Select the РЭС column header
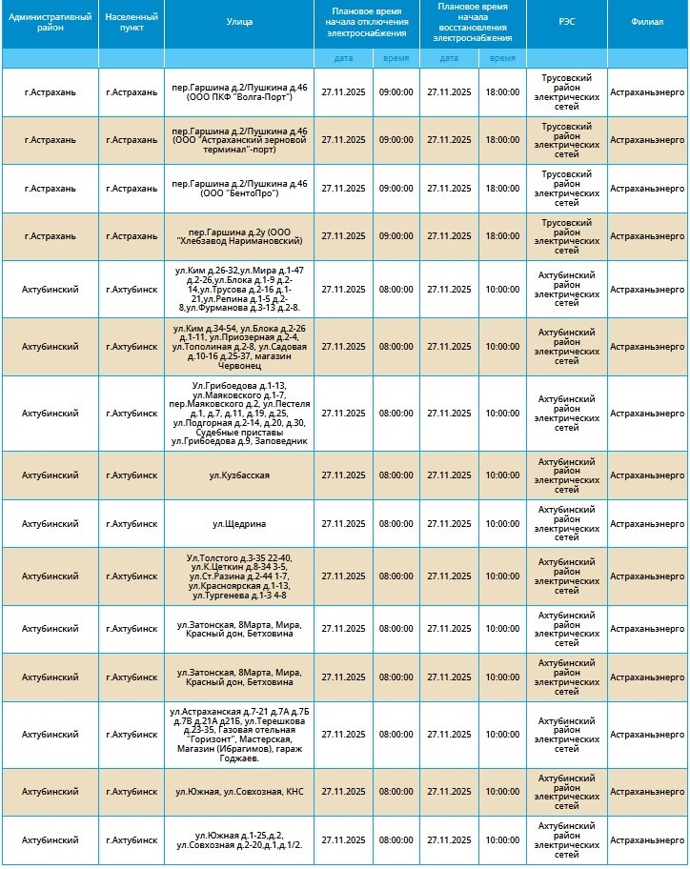tap(566, 24)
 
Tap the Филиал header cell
tap(647, 24)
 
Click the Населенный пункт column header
tap(132, 24)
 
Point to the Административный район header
tap(50, 24)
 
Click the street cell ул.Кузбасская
tap(239, 475)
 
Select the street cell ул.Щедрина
tap(239, 523)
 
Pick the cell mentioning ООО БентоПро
tap(239, 188)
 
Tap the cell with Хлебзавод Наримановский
tap(239, 236)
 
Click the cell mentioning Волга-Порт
tap(239, 91)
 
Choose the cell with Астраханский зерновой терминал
tap(239, 140)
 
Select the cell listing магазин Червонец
tap(239, 347)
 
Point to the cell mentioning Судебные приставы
tap(239, 414)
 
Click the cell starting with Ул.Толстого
tap(239, 576)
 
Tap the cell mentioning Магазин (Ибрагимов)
tap(239, 735)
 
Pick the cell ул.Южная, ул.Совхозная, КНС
tap(239, 792)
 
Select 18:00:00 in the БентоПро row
tap(502, 188)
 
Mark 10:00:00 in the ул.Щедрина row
tap(502, 523)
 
